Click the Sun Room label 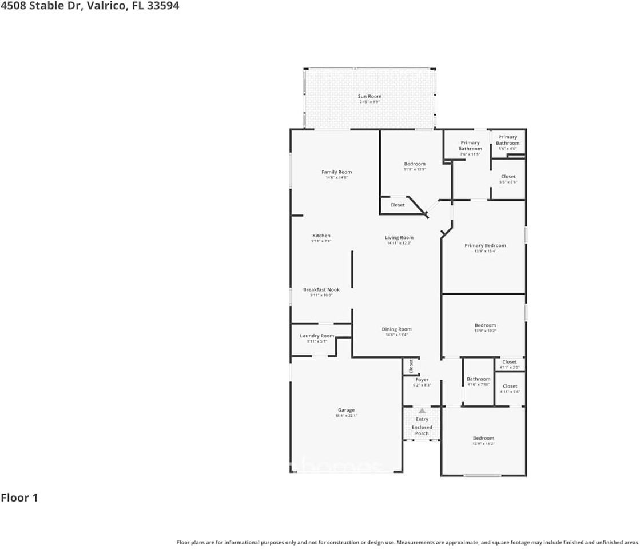point(369,96)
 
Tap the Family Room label point(336,172)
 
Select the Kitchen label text point(321,236)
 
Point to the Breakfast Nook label point(321,290)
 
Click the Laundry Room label point(317,336)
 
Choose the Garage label point(345,410)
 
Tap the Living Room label point(399,237)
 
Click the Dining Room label point(396,329)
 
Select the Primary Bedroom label point(485,245)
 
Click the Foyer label point(422,380)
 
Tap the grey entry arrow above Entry point(422,410)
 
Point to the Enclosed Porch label point(422,430)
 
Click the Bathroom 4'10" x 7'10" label point(478,379)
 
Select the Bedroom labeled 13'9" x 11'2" point(483,439)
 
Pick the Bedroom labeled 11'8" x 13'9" point(415,164)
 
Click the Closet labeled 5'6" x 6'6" point(508,177)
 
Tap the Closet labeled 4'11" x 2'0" point(509,362)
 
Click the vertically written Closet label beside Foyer point(411,366)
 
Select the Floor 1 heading point(19,498)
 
